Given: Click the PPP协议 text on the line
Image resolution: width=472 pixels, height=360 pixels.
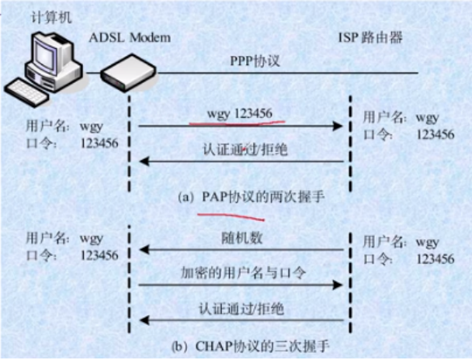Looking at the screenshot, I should point(254,61).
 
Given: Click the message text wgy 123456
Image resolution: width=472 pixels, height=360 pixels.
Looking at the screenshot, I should point(239,113).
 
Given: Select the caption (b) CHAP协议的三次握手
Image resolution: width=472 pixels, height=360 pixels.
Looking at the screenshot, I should point(240,343).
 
